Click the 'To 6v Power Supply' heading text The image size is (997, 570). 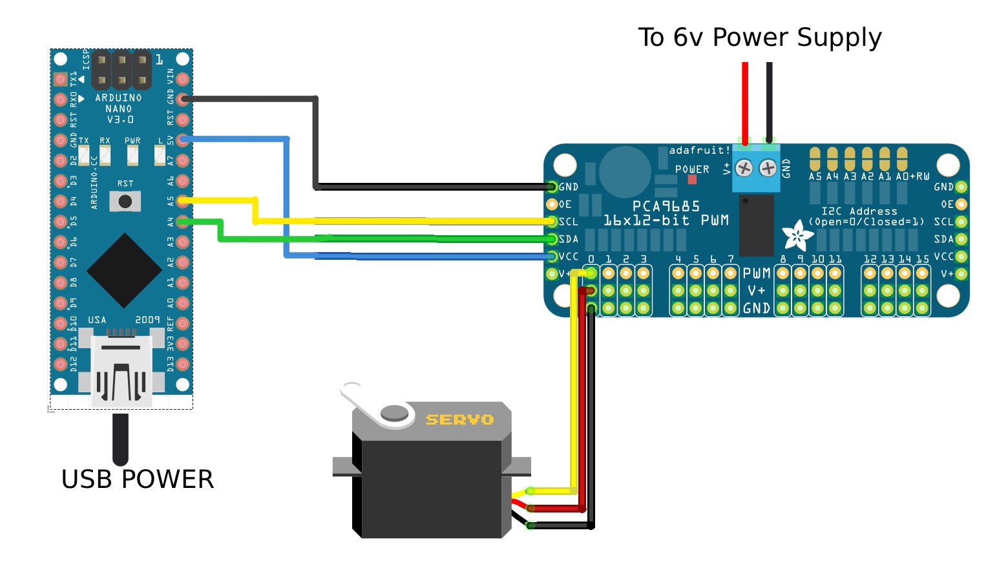pyautogui.click(x=759, y=37)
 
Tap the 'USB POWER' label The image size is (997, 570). pyautogui.click(x=137, y=480)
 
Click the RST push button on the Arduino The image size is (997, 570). pyautogui.click(x=125, y=202)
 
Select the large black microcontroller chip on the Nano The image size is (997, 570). pyautogui.click(x=124, y=271)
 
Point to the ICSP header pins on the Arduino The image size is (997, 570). pyautogui.click(x=121, y=70)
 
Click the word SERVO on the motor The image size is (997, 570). pyautogui.click(x=459, y=420)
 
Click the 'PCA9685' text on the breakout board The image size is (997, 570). pyautogui.click(x=666, y=206)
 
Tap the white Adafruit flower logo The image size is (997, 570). pyautogui.click(x=797, y=237)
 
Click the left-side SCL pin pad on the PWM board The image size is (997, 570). pyautogui.click(x=552, y=222)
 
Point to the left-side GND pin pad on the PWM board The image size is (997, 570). pyautogui.click(x=552, y=187)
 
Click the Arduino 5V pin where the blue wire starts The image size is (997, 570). pyautogui.click(x=183, y=140)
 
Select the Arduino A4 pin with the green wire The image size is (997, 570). pyautogui.click(x=183, y=222)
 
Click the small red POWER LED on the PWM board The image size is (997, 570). pyautogui.click(x=692, y=180)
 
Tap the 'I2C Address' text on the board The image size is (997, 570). pyautogui.click(x=859, y=211)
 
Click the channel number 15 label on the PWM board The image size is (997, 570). pyautogui.click(x=922, y=259)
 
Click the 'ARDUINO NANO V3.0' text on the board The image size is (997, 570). pyautogui.click(x=118, y=109)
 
